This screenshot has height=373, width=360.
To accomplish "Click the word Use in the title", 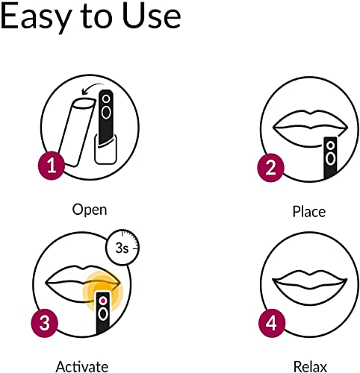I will pyautogui.click(x=149, y=17).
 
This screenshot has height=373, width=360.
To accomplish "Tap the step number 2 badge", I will pyautogui.click(x=270, y=169).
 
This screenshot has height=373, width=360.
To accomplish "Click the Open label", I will pyautogui.click(x=90, y=210).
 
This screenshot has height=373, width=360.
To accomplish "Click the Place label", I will pyautogui.click(x=308, y=211).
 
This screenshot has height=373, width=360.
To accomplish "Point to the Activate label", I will pyautogui.click(x=82, y=366).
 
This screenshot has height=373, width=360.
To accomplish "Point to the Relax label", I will pyautogui.click(x=308, y=366).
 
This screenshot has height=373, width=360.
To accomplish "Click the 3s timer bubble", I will pyautogui.click(x=123, y=245).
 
